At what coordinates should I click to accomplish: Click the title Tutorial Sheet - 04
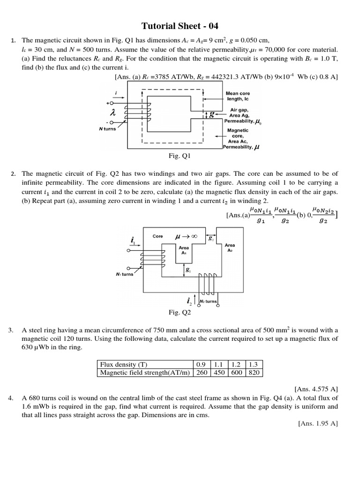click(x=180, y=26)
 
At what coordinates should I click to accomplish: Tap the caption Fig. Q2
click(x=180, y=312)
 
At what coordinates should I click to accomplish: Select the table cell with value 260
click(x=201, y=373)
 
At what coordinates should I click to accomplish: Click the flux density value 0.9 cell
click(x=201, y=364)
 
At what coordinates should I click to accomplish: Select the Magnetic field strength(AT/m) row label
click(x=144, y=373)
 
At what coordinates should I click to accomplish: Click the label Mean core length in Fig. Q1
click(x=238, y=96)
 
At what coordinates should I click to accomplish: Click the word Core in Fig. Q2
click(x=158, y=236)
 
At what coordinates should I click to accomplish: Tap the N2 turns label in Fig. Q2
click(x=208, y=301)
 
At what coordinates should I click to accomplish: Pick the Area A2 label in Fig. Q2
click(x=230, y=247)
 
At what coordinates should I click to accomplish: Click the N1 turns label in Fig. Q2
click(x=124, y=274)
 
